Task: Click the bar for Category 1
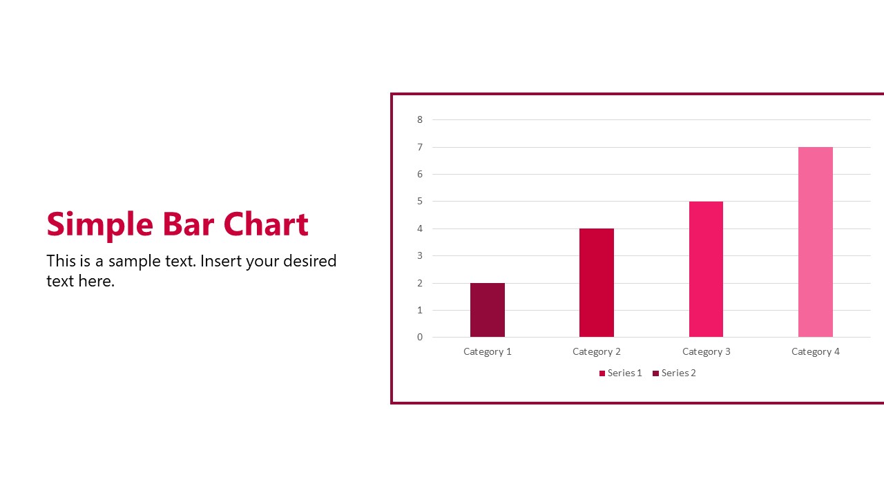tap(488, 310)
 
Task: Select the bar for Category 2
tap(597, 283)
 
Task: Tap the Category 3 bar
tap(706, 269)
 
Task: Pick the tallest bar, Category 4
tap(816, 242)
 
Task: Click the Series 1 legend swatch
tap(602, 373)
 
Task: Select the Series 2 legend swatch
tap(656, 373)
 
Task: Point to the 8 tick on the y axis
tap(420, 119)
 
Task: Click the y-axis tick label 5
tap(420, 202)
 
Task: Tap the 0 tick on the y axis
tap(420, 338)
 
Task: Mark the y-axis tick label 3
tap(420, 256)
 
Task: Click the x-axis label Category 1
tap(488, 351)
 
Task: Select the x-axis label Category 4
tap(816, 351)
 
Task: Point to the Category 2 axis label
tap(597, 351)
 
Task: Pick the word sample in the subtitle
tap(131, 261)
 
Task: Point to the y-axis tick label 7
tap(420, 147)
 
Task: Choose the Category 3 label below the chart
tap(706, 351)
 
